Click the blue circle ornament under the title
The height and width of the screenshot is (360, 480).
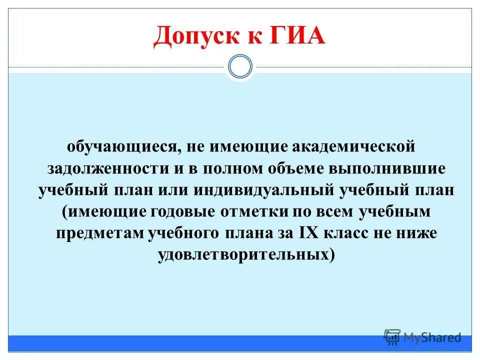coord(240,67)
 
